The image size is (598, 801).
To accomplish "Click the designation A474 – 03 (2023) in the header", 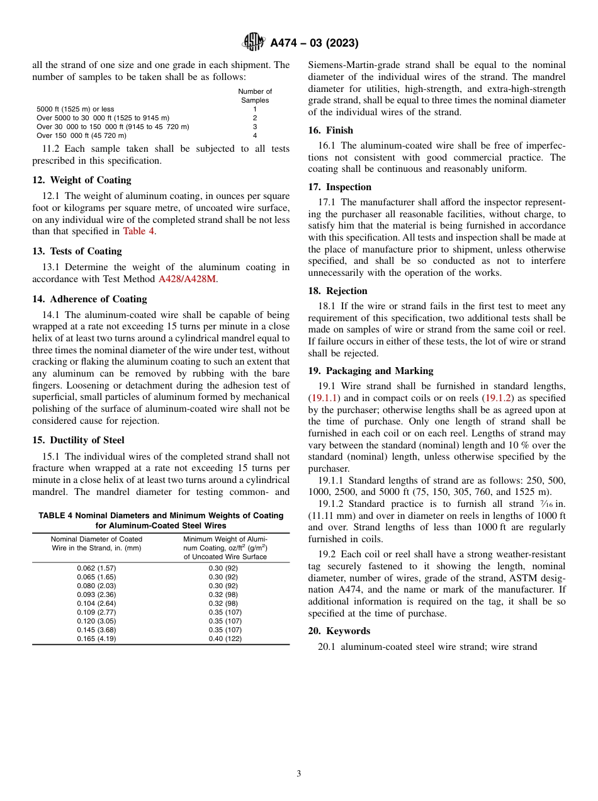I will pyautogui.click(x=314, y=43).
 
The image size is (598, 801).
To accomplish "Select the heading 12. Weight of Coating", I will pyautogui.click(x=82, y=180).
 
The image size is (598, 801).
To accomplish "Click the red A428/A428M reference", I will pyautogui.click(x=187, y=278).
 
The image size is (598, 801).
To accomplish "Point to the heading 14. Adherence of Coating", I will pyautogui.click(x=89, y=299).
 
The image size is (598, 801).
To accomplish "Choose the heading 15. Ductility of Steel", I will pyautogui.click(x=78, y=440).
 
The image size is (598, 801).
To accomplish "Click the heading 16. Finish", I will pyautogui.click(x=330, y=130).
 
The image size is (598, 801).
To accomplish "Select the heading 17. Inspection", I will pyautogui.click(x=340, y=187).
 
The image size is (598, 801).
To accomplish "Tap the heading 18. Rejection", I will pyautogui.click(x=337, y=291).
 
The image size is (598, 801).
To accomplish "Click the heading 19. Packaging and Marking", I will pyautogui.click(x=370, y=371).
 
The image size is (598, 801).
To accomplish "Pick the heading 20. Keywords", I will pyautogui.click(x=339, y=631).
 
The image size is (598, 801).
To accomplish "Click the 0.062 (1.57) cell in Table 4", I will pyautogui.click(x=96, y=568).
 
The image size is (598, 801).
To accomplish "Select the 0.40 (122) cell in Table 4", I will pyautogui.click(x=223, y=639).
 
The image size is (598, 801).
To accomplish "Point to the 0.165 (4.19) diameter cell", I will pyautogui.click(x=96, y=639).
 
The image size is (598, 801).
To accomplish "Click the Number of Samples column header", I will pyautogui.click(x=255, y=96).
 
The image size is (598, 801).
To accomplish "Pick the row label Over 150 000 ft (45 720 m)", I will pyautogui.click(x=81, y=135).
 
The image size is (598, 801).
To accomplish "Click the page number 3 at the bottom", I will pyautogui.click(x=299, y=774).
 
